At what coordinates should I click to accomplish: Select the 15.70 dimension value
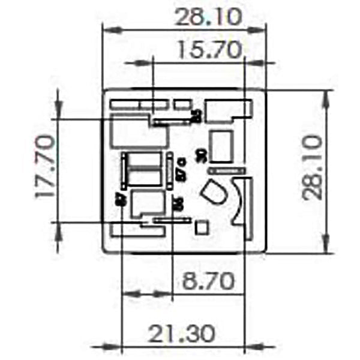point(208,50)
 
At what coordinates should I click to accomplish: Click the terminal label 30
point(202,154)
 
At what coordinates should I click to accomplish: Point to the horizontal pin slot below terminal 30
point(227,171)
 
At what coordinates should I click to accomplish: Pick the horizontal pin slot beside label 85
point(170,121)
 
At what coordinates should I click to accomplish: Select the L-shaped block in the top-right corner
point(227,110)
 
